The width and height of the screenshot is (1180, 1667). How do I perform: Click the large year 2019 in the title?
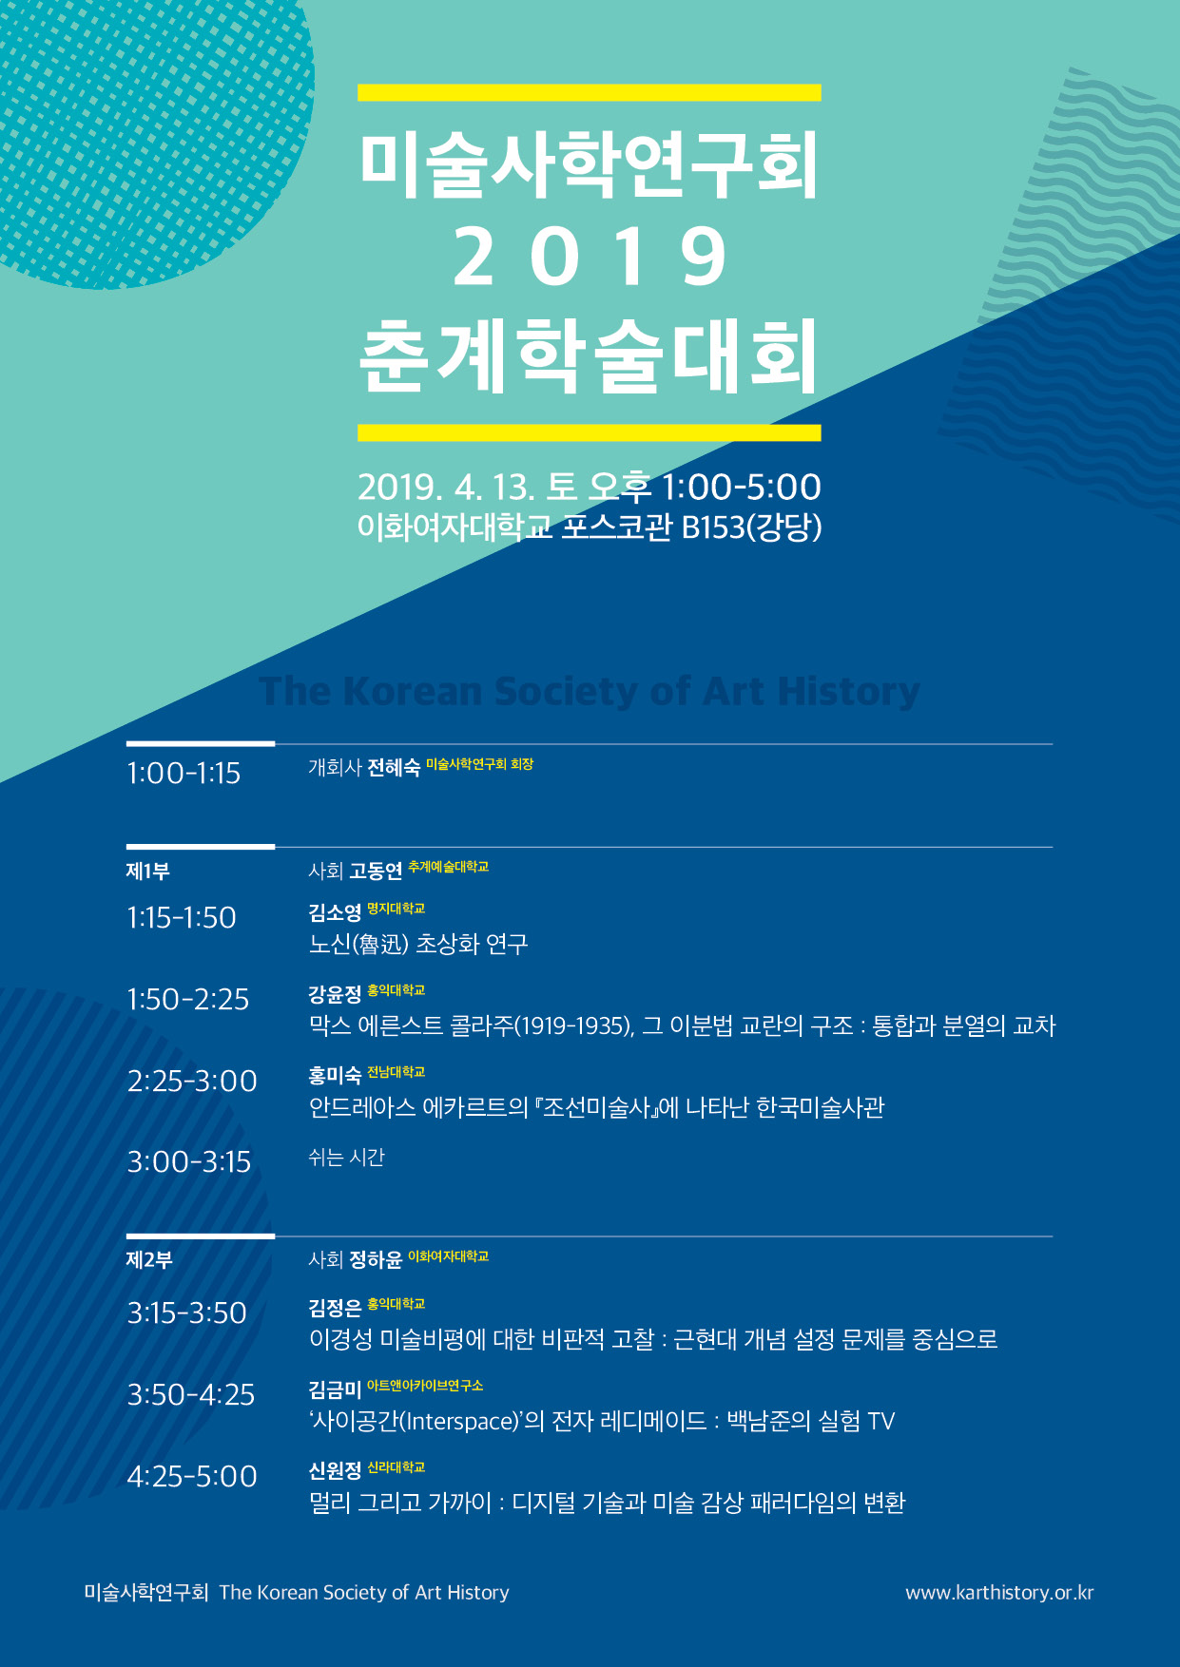click(590, 257)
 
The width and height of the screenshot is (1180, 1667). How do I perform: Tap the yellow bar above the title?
click(590, 92)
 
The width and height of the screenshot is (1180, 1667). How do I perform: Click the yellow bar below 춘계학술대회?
click(590, 432)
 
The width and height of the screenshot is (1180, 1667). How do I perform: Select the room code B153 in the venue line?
click(713, 527)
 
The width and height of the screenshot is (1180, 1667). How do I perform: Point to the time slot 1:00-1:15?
click(184, 773)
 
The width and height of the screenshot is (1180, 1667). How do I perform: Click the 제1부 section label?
click(147, 871)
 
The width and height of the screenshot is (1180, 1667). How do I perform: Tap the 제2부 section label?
click(149, 1259)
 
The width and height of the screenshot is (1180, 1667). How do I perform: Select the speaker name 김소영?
click(335, 913)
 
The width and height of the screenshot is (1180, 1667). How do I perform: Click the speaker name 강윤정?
click(335, 994)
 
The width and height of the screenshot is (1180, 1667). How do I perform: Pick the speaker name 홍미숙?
click(335, 1076)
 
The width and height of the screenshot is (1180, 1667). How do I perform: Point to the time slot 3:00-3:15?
click(189, 1161)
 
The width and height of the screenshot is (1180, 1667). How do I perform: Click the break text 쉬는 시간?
click(346, 1158)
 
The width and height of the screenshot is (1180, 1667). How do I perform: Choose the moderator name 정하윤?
click(376, 1260)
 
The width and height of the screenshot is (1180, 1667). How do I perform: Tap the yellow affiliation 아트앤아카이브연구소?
click(425, 1386)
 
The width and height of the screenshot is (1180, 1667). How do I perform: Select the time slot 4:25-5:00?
click(192, 1476)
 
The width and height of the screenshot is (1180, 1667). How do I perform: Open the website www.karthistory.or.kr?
click(999, 1593)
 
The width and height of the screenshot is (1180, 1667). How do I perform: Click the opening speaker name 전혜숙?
click(394, 768)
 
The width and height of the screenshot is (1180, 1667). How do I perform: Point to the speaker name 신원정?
click(335, 1471)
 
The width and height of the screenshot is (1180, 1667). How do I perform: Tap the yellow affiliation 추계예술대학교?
click(448, 867)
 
